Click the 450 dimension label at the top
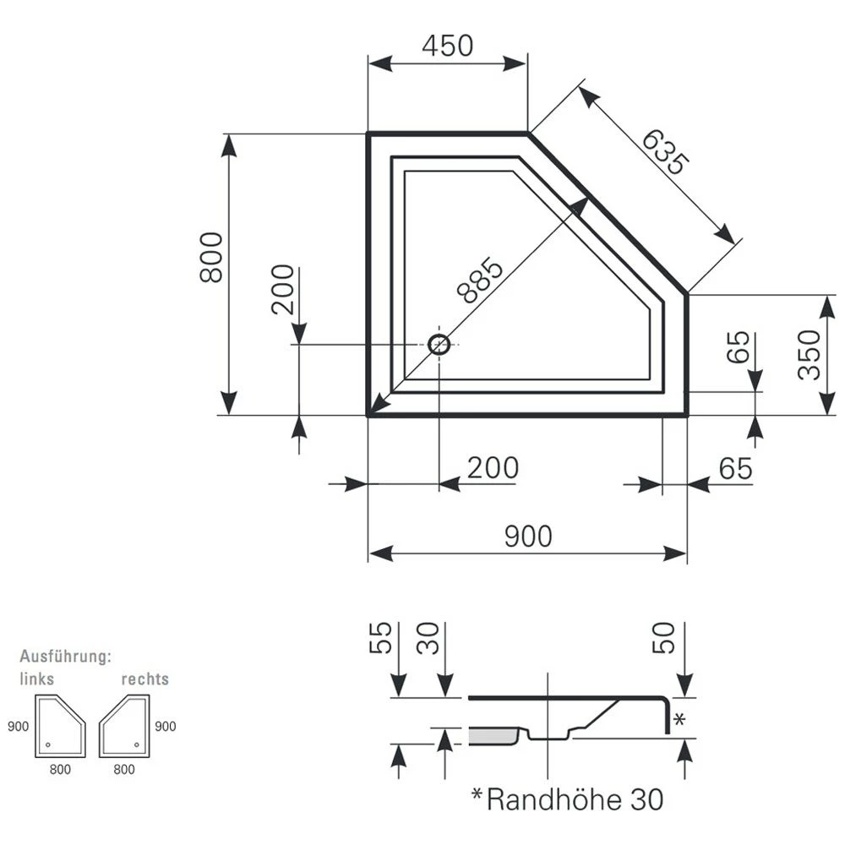tap(447, 46)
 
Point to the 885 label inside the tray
tap(480, 280)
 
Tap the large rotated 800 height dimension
tap(210, 257)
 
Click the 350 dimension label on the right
tap(809, 355)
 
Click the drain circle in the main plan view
tap(439, 344)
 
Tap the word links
tap(37, 679)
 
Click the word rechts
tap(144, 679)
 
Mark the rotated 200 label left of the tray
tap(283, 289)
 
